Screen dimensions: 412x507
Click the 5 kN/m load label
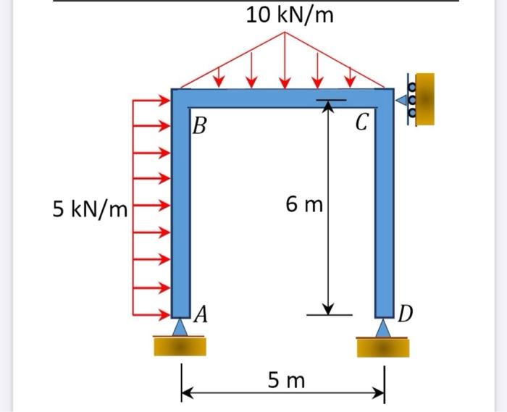pos(90,210)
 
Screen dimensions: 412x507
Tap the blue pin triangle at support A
pos(180,327)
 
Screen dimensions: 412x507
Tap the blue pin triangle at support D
pos(383,328)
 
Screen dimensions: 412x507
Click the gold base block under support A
pos(180,345)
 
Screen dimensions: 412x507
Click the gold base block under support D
pos(383,347)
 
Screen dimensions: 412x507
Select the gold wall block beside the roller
pos(425,99)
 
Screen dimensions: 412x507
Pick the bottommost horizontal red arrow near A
pos(152,315)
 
